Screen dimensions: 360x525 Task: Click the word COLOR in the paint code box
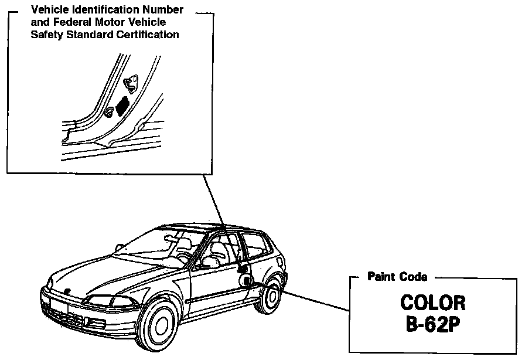[432, 303]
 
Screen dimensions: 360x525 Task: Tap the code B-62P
[432, 324]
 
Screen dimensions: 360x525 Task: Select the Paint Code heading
[397, 276]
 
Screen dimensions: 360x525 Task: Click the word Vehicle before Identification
[48, 10]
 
